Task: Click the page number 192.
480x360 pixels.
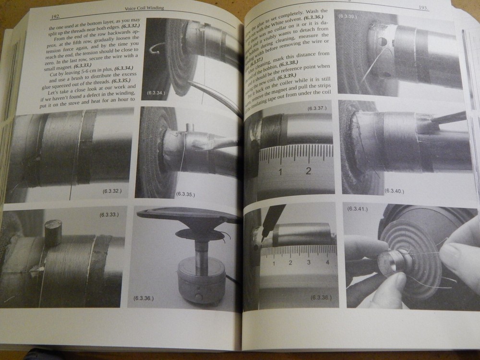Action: coord(57,15)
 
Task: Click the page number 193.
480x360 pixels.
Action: coord(423,8)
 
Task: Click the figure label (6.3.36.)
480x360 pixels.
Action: coord(144,298)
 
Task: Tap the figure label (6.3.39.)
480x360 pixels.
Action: coord(347,17)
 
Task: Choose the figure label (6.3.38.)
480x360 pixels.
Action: coord(321,297)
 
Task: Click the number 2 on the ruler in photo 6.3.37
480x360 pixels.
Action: coord(308,170)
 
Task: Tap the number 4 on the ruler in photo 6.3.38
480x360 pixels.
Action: coord(327,262)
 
